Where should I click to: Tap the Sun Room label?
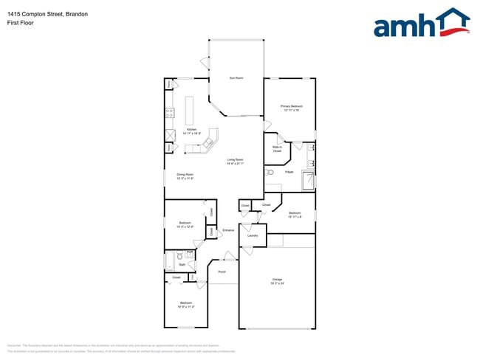click(x=236, y=77)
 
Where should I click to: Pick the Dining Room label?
click(x=185, y=176)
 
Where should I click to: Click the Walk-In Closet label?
click(x=277, y=148)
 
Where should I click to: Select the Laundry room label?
click(x=252, y=235)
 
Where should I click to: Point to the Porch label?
click(x=222, y=271)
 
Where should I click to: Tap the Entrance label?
click(x=228, y=230)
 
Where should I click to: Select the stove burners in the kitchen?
click(x=169, y=114)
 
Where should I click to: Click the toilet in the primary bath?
click(x=270, y=173)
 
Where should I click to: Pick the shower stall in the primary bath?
click(x=311, y=179)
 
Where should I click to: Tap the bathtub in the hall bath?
click(x=169, y=260)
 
